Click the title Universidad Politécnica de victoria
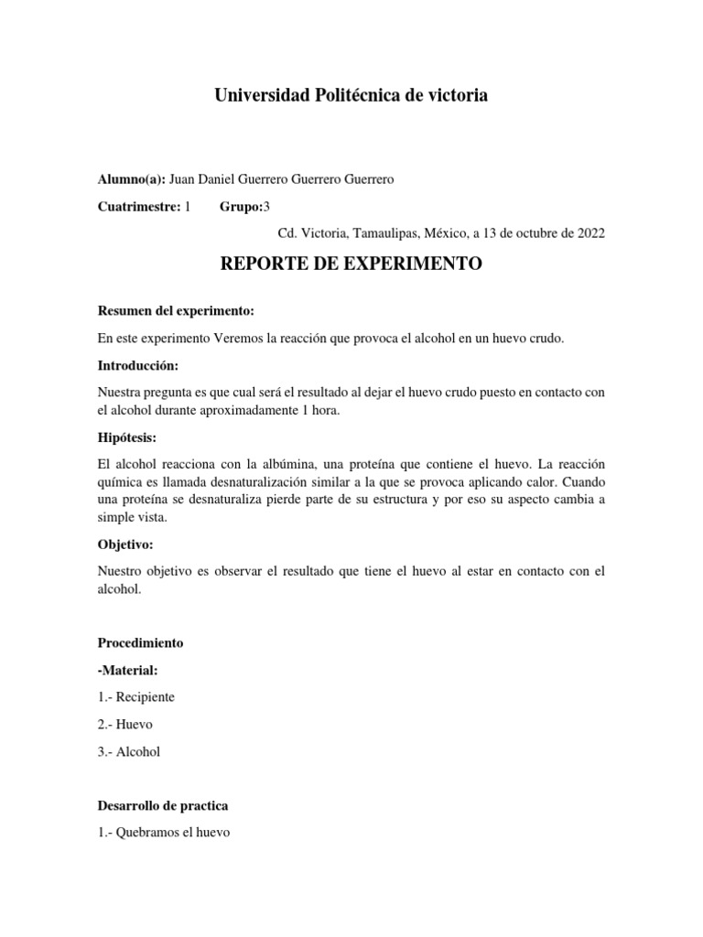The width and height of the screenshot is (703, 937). pyautogui.click(x=351, y=95)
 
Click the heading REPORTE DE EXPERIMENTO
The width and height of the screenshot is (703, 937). pyautogui.click(x=351, y=264)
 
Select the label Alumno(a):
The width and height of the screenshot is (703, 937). pyautogui.click(x=131, y=179)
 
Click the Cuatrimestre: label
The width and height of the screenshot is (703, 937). pyautogui.click(x=139, y=206)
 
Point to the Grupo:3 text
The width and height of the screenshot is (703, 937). pyautogui.click(x=244, y=206)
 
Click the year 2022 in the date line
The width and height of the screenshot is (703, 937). pyautogui.click(x=590, y=232)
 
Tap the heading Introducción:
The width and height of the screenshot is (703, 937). pyautogui.click(x=137, y=365)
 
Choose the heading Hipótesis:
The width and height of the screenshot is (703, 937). pyautogui.click(x=128, y=437)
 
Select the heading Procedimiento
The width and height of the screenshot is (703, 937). pyautogui.click(x=140, y=643)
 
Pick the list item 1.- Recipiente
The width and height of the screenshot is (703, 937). pyautogui.click(x=135, y=697)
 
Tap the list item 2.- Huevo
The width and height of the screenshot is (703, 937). pyautogui.click(x=124, y=724)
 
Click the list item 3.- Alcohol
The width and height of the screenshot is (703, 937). pyautogui.click(x=128, y=751)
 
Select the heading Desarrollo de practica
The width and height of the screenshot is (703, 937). pyautogui.click(x=162, y=806)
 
